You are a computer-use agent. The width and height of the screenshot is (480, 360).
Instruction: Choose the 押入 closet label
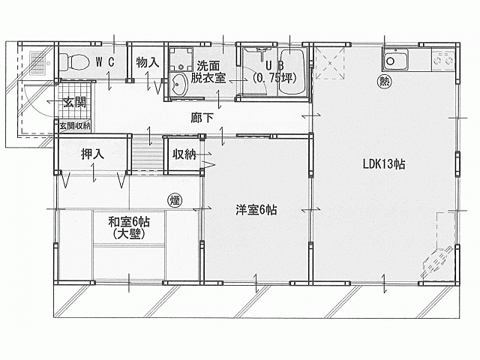coord(92,154)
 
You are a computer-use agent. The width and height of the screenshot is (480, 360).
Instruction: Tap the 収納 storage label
coord(184,154)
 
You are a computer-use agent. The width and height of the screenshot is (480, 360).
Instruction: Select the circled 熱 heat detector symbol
coord(385,82)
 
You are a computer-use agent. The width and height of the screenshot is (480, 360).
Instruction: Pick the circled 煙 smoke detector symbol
coord(174,200)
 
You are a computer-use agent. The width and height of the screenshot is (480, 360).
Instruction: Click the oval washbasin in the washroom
coord(179,84)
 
